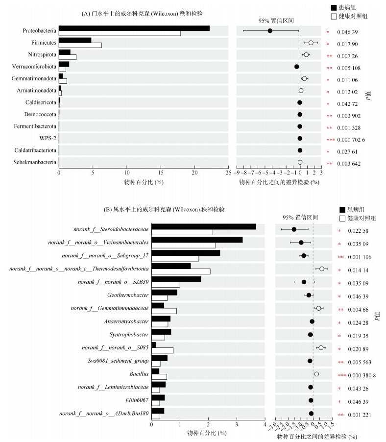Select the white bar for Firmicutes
[80, 46]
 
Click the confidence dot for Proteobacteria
[270, 31]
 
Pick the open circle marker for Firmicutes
[311, 43]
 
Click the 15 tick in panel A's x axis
[161, 172]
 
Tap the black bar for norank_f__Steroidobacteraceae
[203, 226]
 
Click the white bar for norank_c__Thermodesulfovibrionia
[181, 271]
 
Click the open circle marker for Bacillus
[316, 374]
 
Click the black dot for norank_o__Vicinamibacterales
[301, 243]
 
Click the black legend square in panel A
[334, 7]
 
